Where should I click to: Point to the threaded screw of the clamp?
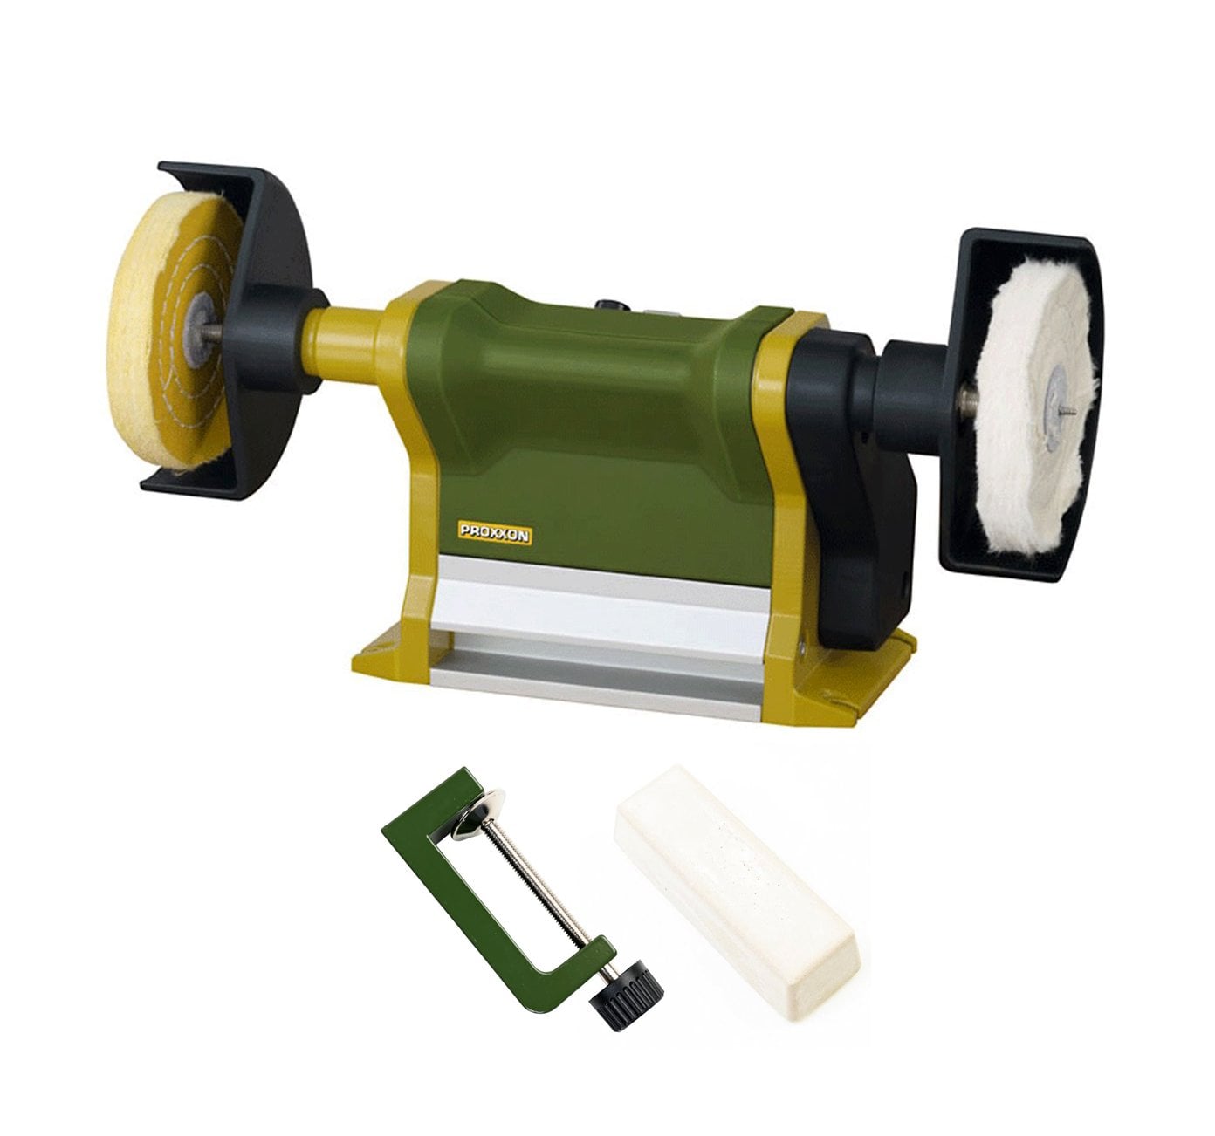[539, 888]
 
